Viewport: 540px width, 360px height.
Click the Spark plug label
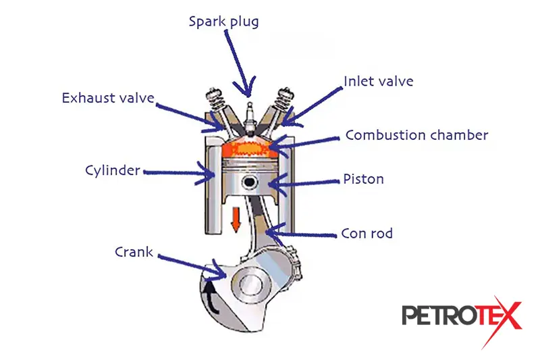223,21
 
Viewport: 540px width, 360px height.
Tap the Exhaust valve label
107,98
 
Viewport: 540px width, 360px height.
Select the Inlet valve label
378,82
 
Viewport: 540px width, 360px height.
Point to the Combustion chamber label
416,135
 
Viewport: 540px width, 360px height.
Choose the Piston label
363,179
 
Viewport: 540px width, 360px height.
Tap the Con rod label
367,234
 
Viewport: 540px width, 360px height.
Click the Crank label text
134,253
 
